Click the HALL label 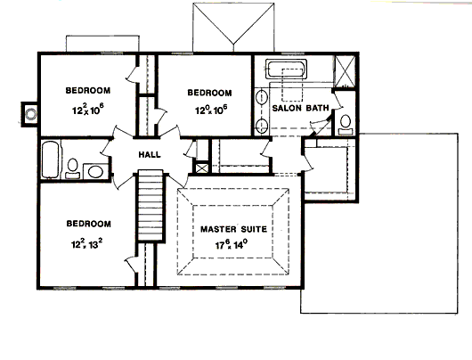(150, 155)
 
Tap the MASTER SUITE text (233, 229)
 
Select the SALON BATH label (300, 108)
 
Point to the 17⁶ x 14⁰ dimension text (232, 244)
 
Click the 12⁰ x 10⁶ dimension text (211, 110)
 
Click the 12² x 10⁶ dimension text (88, 110)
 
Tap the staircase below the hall (151, 206)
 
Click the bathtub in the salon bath (286, 70)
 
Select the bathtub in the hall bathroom (50, 160)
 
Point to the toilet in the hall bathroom (72, 168)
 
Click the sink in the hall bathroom (95, 172)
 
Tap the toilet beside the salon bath (346, 125)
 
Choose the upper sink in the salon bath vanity (262, 98)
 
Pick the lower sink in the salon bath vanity (262, 126)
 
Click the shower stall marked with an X (346, 71)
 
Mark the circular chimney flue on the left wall (30, 114)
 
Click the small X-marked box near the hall (202, 168)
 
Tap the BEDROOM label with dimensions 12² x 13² (88, 224)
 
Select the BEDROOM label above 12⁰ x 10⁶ (210, 93)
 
